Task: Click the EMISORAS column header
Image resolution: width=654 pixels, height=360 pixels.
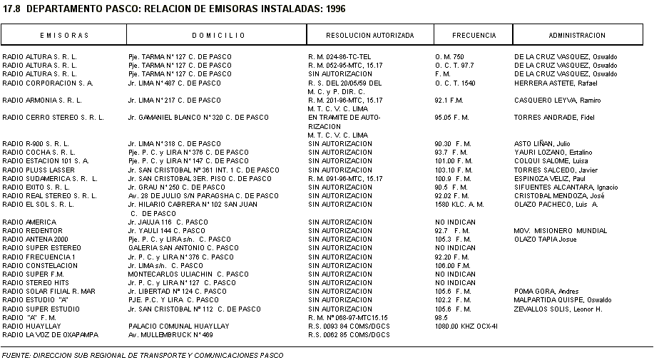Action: click(64, 35)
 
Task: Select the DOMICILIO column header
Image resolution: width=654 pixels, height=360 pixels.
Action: click(218, 35)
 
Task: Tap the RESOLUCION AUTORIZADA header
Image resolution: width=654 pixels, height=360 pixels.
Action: click(369, 35)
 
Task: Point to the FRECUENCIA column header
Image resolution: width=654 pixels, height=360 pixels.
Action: click(474, 35)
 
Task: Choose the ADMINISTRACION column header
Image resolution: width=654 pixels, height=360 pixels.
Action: click(577, 35)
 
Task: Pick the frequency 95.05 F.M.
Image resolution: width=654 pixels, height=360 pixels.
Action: click(451, 118)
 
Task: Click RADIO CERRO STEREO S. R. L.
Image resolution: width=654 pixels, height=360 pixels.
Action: click(53, 118)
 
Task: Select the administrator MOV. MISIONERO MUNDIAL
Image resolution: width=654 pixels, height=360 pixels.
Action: click(561, 231)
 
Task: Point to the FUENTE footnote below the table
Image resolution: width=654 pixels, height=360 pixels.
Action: click(143, 354)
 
